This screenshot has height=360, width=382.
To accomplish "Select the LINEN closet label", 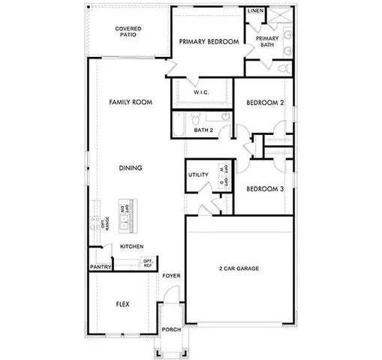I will click(x=255, y=12).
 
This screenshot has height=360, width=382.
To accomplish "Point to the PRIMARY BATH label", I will click(x=267, y=41).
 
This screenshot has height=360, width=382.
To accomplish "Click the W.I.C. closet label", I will click(x=200, y=92).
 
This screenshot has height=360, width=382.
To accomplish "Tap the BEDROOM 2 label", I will click(x=265, y=103).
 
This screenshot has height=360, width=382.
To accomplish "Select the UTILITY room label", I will click(x=198, y=175).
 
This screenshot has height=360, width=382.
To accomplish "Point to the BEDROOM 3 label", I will click(x=265, y=189).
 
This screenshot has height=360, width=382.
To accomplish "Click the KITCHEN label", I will click(x=131, y=246).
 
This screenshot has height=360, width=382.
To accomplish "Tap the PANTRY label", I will click(x=101, y=266).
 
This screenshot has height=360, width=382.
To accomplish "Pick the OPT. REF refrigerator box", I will click(x=148, y=263).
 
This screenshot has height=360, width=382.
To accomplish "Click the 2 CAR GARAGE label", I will click(x=239, y=268).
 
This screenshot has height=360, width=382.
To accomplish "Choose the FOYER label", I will click(x=171, y=276).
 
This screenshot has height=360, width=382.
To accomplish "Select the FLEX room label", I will click(x=123, y=304).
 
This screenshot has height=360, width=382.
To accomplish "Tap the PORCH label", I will click(x=171, y=329).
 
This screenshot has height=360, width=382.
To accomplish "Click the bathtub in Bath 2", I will click(x=178, y=124).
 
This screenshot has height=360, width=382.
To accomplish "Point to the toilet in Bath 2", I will click(x=194, y=118).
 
